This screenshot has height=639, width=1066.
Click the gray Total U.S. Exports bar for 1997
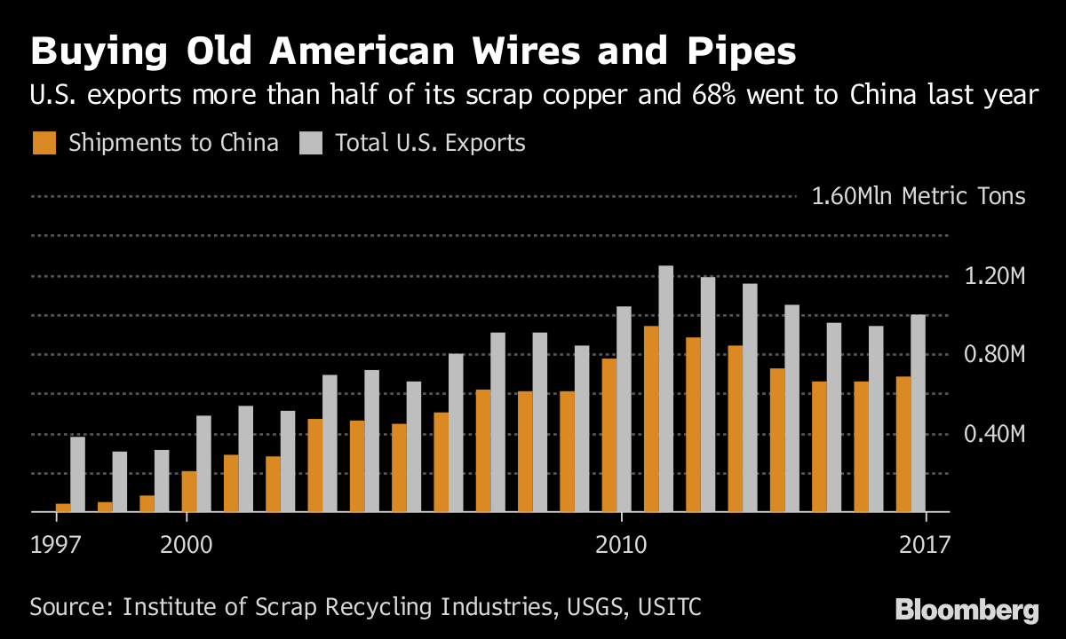[77, 474]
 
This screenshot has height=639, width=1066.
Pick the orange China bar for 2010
[609, 435]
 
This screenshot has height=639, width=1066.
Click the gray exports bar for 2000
[203, 463]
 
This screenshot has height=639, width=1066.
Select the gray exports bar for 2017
[918, 414]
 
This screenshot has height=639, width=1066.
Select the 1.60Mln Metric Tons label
[919, 196]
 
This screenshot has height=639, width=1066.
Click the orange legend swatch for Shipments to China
[44, 143]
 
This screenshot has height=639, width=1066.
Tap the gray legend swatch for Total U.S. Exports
[310, 143]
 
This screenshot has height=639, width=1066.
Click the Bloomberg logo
[967, 610]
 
